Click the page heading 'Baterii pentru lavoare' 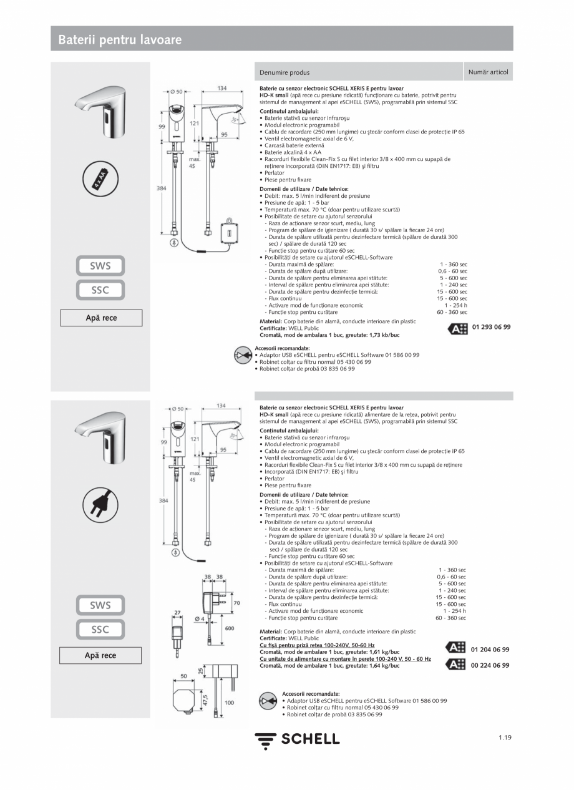tap(120, 40)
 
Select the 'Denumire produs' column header tap(285, 72)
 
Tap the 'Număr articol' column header tap(488, 72)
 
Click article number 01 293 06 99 tap(491, 327)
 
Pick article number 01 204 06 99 tap(490, 649)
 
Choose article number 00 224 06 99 tap(490, 665)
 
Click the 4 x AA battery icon tap(100, 180)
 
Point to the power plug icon tap(100, 504)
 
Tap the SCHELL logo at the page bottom tap(297, 739)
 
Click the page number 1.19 tap(505, 738)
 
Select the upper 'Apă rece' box tap(101, 318)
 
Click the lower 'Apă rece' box tap(100, 655)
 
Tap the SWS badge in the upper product tap(100, 266)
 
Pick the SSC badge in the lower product tap(100, 630)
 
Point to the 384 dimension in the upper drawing tap(162, 187)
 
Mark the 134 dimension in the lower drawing tap(221, 406)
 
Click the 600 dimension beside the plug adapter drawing tap(229, 628)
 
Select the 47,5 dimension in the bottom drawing tap(205, 700)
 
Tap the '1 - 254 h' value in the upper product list tap(455, 305)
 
